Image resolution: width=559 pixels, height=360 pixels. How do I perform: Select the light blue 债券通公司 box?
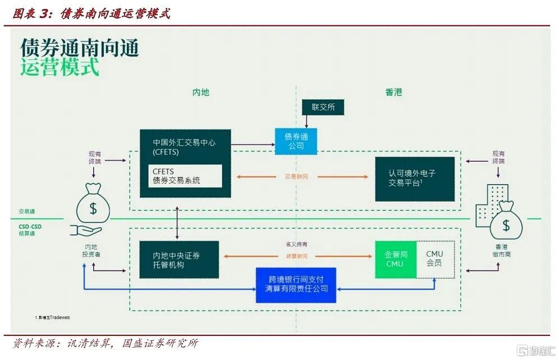[296, 142]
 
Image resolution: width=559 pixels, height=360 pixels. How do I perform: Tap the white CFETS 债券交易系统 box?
[185, 176]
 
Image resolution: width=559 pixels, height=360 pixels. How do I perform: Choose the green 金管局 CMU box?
[395, 259]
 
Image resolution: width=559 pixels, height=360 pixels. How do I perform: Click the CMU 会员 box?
[434, 259]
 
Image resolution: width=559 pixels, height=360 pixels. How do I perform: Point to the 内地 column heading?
[200, 92]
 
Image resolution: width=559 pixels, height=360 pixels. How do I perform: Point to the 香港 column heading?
[394, 92]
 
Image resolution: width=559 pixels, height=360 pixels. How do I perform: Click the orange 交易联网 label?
[296, 177]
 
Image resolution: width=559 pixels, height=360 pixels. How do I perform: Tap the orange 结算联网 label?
[296, 256]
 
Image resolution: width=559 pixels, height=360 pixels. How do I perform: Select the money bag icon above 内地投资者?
[92, 205]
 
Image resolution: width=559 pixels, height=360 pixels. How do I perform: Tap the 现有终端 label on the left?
[96, 157]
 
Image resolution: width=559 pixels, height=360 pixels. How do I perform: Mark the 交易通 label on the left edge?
[27, 212]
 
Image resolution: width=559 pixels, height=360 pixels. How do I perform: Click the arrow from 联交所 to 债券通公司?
[306, 121]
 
